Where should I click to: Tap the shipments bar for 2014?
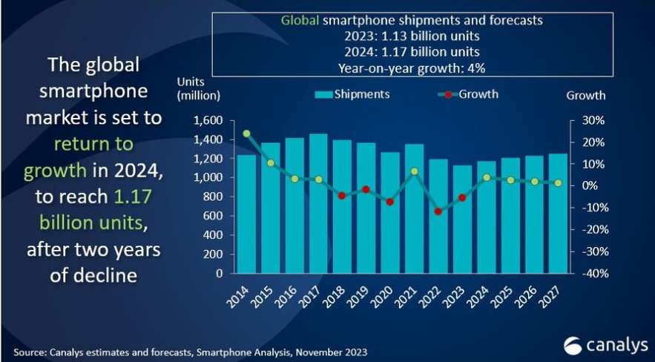click(246, 214)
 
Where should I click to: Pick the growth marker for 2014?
click(246, 134)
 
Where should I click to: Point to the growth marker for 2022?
click(438, 211)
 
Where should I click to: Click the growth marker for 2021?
click(415, 171)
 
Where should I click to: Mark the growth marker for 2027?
click(558, 182)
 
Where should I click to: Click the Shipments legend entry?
click(353, 95)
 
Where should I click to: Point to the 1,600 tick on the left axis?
click(208, 120)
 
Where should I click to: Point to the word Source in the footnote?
click(27, 350)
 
